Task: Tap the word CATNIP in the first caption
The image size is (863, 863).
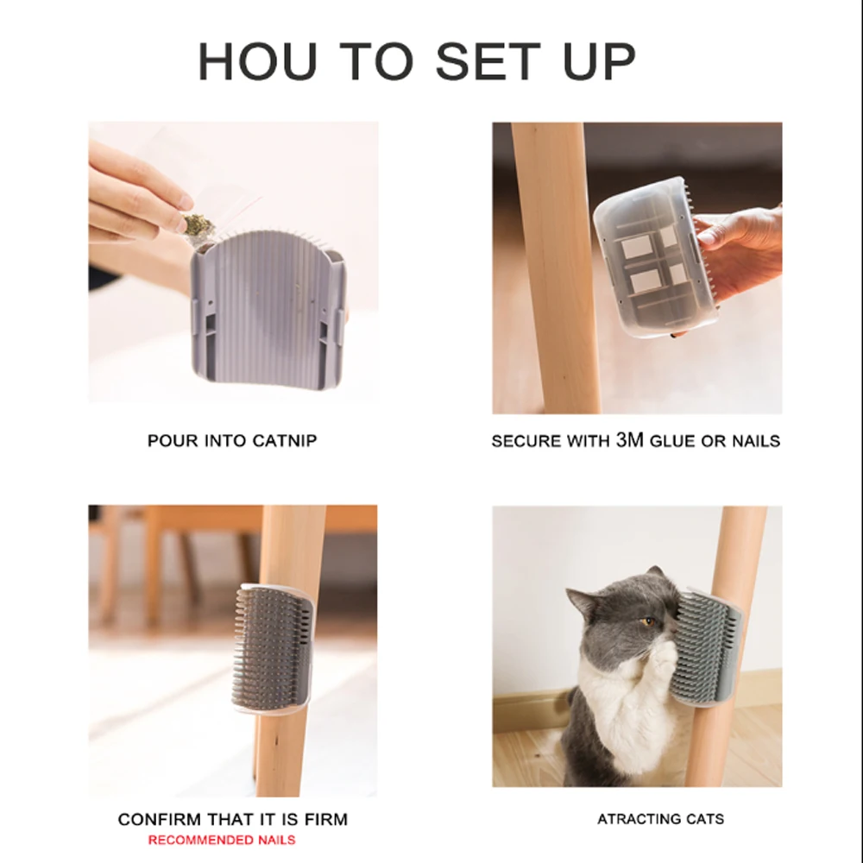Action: (x=284, y=440)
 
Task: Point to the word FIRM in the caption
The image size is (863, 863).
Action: (x=325, y=819)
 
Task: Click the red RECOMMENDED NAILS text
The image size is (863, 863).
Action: (x=221, y=840)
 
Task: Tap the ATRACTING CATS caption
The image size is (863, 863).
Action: (x=660, y=819)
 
